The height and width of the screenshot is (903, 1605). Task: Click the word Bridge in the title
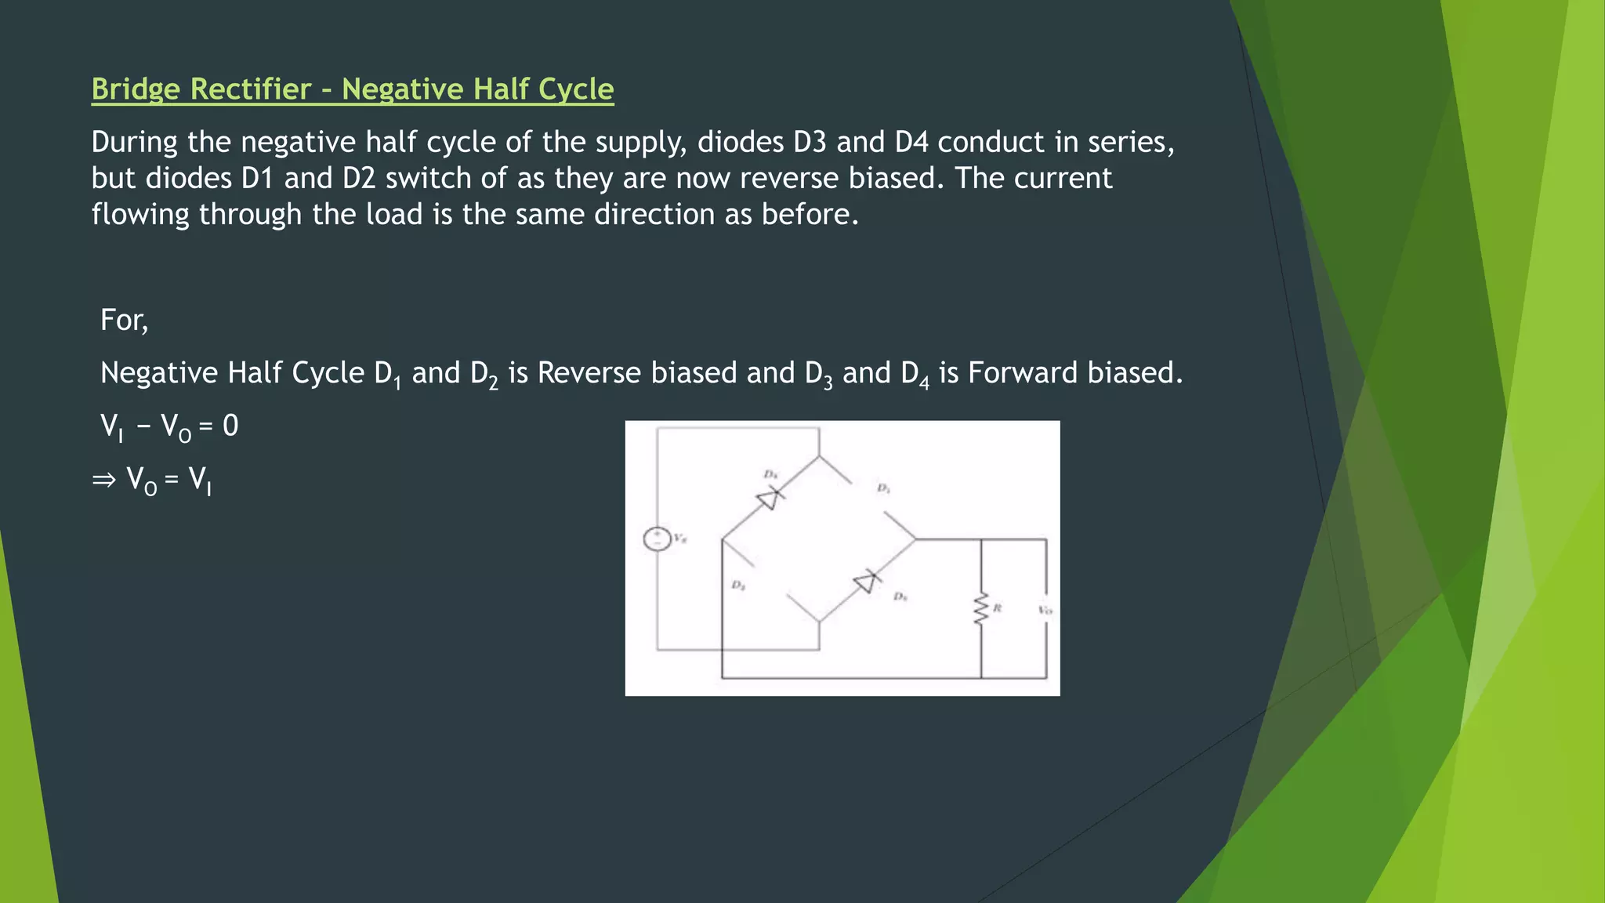coord(135,89)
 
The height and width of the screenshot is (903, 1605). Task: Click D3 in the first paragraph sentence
coord(810,142)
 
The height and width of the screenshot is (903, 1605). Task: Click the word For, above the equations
coord(124,321)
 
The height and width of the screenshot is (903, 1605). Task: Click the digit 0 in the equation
coord(230,426)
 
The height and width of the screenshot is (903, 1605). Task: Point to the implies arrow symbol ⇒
coord(103,479)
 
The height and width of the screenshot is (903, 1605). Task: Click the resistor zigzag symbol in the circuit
coord(980,609)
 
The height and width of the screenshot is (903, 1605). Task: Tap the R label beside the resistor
coord(998,608)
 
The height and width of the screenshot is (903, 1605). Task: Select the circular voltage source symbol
coord(657,539)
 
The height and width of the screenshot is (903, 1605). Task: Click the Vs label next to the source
coord(679,539)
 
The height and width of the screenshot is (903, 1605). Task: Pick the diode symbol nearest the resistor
coord(866,582)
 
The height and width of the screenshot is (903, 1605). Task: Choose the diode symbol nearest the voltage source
coord(769,498)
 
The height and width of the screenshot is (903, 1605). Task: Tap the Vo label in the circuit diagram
coord(1045,610)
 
